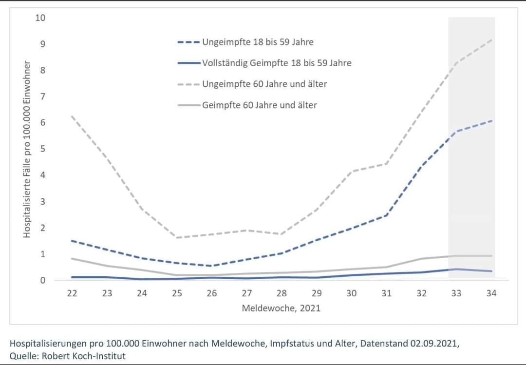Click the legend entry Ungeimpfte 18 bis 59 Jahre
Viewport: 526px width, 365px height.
[x=258, y=42]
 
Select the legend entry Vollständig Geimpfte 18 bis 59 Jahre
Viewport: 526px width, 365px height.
[x=277, y=63]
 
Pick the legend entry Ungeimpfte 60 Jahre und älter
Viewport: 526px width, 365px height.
[x=264, y=84]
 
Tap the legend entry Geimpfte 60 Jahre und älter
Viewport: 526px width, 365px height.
[x=260, y=105]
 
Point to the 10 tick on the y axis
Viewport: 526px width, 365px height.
[x=40, y=18]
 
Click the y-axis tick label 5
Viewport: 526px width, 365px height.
[x=42, y=149]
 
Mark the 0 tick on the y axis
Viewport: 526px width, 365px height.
[x=42, y=280]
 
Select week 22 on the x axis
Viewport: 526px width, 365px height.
[x=73, y=293]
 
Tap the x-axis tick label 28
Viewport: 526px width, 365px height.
[x=282, y=293]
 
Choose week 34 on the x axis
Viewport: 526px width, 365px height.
[x=491, y=293]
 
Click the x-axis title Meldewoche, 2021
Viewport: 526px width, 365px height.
[x=282, y=308]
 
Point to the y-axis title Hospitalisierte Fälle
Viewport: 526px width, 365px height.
[x=27, y=150]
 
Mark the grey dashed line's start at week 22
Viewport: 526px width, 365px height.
[x=73, y=116]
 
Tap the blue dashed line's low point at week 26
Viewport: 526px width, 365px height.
[x=212, y=266]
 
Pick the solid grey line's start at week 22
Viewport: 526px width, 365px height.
[x=73, y=258]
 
